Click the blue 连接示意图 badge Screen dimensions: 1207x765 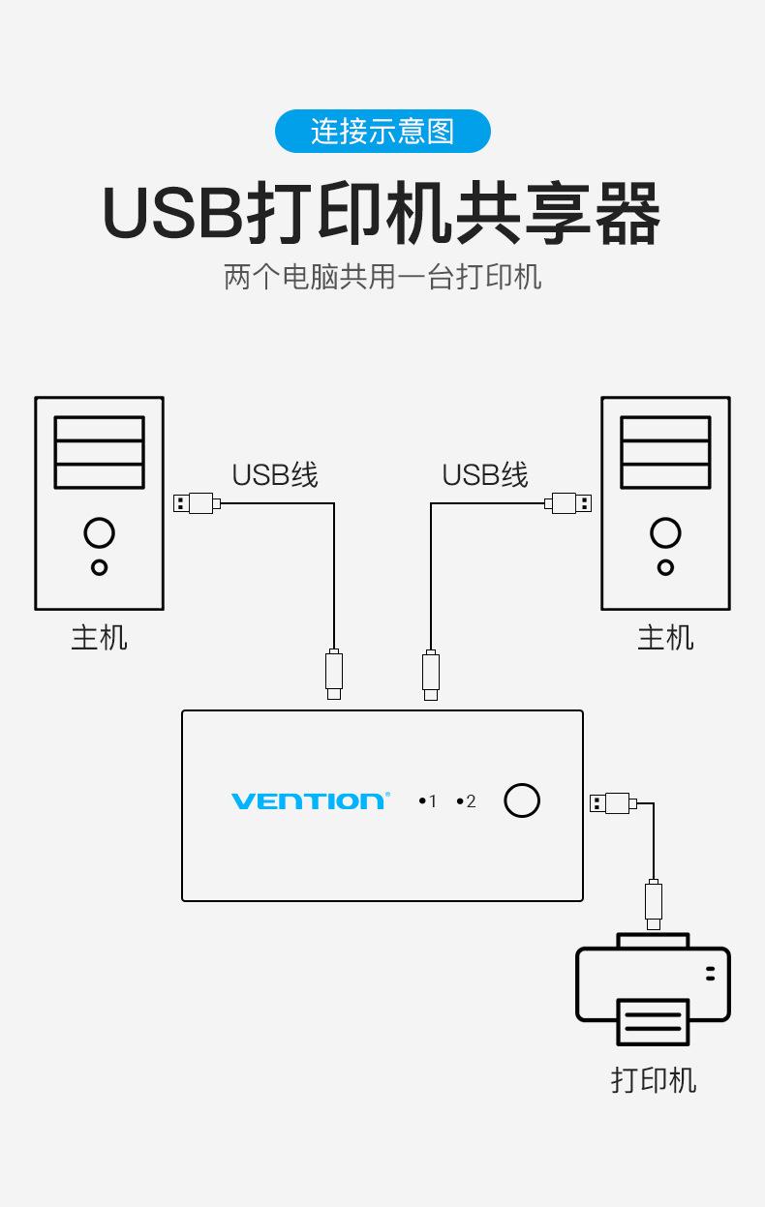pos(382,131)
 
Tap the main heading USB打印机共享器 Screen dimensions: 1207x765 pos(382,213)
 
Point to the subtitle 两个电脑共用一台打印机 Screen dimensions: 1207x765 pos(382,277)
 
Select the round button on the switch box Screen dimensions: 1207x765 pos(522,800)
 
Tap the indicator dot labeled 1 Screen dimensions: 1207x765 pos(423,801)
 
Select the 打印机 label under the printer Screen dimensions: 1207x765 pos(653,1079)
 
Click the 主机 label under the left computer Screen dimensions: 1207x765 pos(99,638)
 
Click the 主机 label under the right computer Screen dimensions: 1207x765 pos(665,638)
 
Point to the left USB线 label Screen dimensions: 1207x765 pos(275,475)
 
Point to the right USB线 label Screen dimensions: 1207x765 pos(485,475)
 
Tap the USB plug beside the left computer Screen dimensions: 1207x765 pos(196,503)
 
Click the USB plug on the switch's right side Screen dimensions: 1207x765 pos(611,802)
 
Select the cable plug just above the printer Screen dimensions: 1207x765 pos(654,903)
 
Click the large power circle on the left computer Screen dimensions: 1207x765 pos(99,532)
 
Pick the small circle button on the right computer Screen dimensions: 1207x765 pos(665,567)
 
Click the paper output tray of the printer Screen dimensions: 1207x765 pos(654,1022)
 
